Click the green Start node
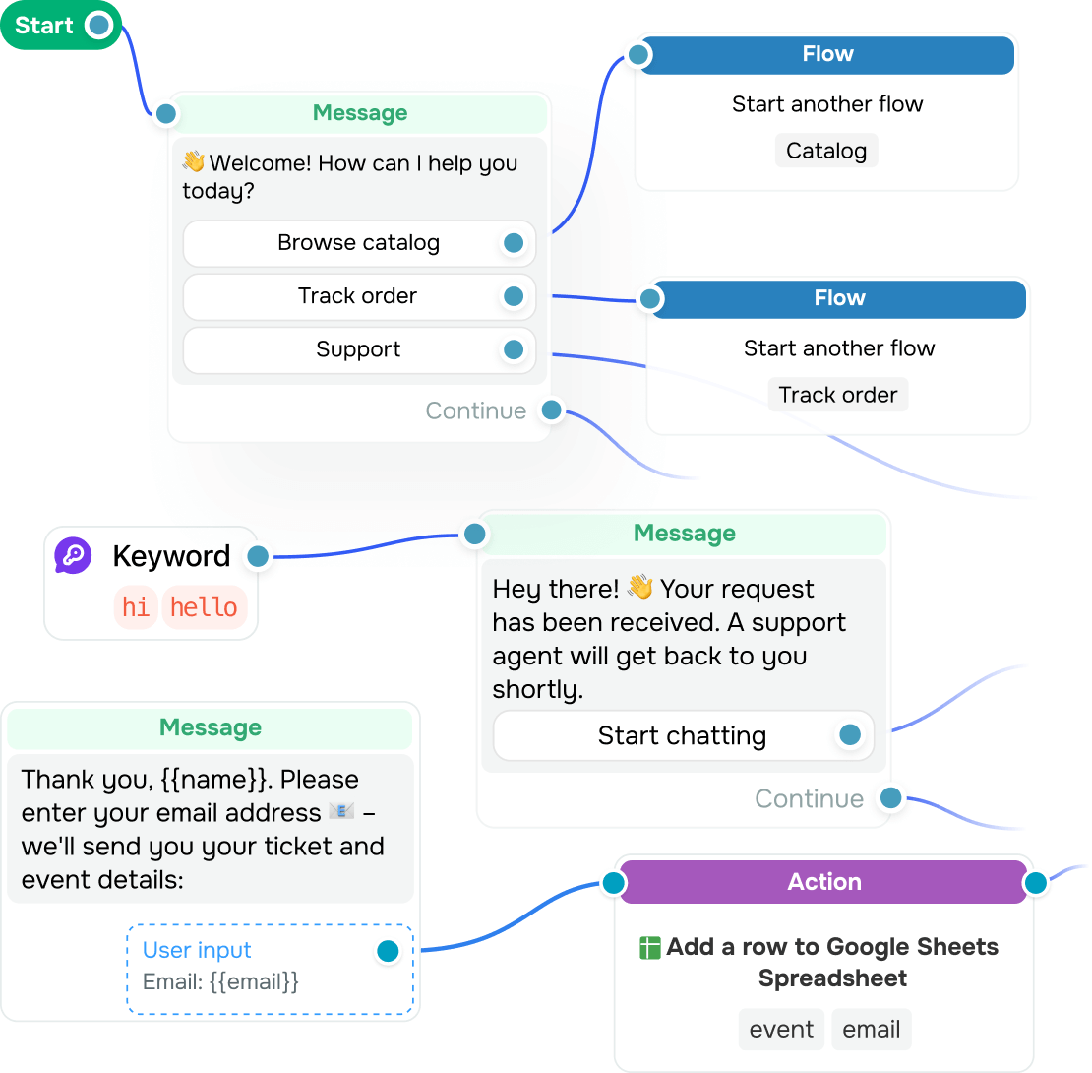pyautogui.click(x=61, y=25)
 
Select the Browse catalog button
pyautogui.click(x=359, y=243)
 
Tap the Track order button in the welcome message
pyautogui.click(x=359, y=296)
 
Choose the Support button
pyautogui.click(x=359, y=349)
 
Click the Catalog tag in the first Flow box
pyautogui.click(x=826, y=151)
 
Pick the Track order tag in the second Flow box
pyautogui.click(x=838, y=395)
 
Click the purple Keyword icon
pyautogui.click(x=73, y=555)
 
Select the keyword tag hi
pyautogui.click(x=135, y=606)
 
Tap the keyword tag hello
pyautogui.click(x=204, y=606)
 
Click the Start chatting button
pyautogui.click(x=683, y=735)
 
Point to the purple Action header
pyautogui.click(x=823, y=882)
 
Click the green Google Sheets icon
pyautogui.click(x=649, y=948)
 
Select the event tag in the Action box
pyautogui.click(x=781, y=1029)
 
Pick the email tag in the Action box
pyautogui.click(x=872, y=1029)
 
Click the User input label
pyautogui.click(x=197, y=950)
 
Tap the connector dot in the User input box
pyautogui.click(x=388, y=950)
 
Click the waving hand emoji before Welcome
pyautogui.click(x=194, y=161)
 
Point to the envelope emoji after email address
pyautogui.click(x=341, y=811)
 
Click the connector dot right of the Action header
pyautogui.click(x=1036, y=883)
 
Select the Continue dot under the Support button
pyautogui.click(x=552, y=410)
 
